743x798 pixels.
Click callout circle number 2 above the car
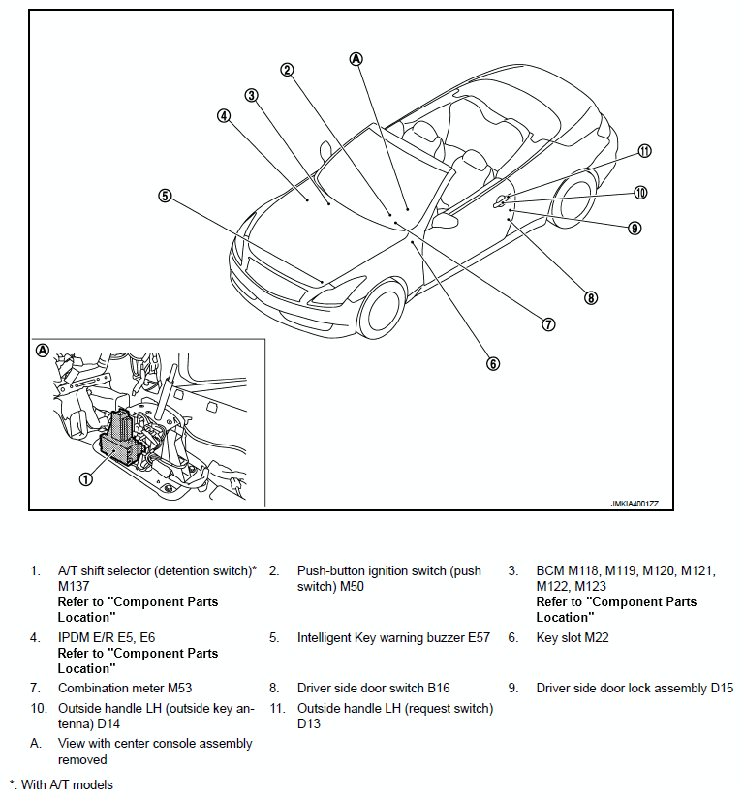coord(287,69)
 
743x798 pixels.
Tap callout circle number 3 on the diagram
coord(251,95)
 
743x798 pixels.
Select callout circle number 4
coord(224,114)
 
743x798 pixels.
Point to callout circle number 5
coord(166,195)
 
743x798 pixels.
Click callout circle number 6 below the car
coord(492,364)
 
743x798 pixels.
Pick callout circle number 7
coord(548,324)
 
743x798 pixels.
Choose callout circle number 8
coord(591,297)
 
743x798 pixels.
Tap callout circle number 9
coord(635,229)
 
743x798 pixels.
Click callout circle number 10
coord(640,192)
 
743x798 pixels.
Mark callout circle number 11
coord(644,151)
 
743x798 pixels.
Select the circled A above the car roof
coord(356,58)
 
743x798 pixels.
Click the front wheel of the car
coord(382,312)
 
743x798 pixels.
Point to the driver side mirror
coord(445,221)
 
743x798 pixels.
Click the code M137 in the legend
coord(76,586)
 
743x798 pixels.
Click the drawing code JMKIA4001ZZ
coord(635,503)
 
